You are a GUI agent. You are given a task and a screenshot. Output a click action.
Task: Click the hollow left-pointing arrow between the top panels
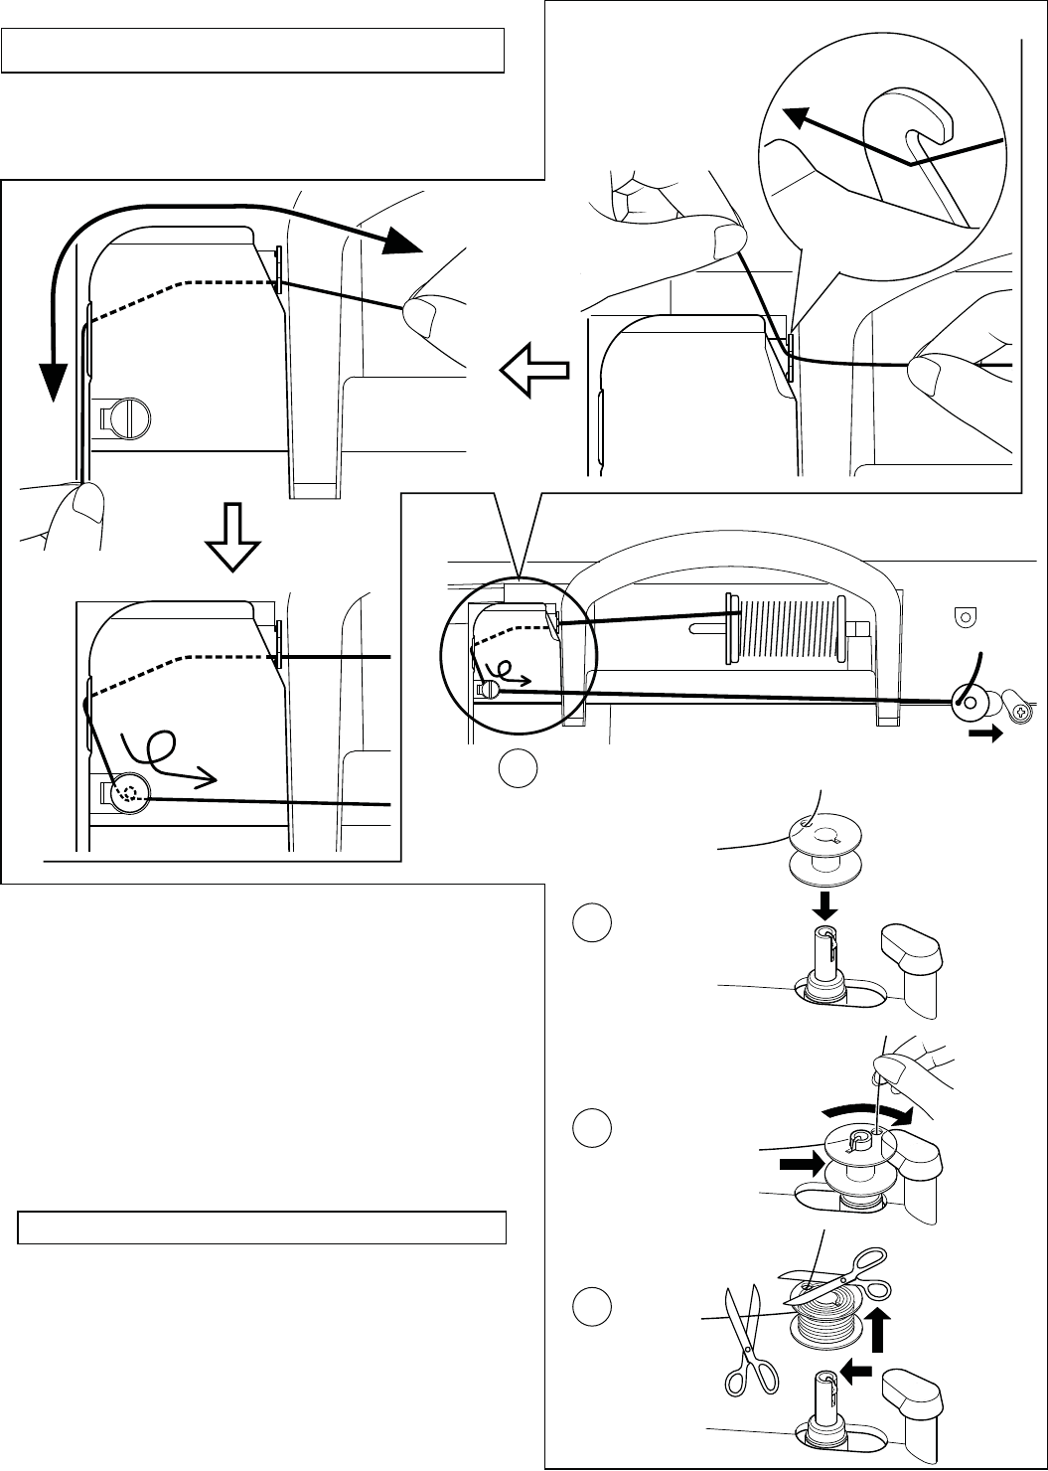[x=534, y=373]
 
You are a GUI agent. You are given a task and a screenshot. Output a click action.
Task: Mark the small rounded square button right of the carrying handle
[x=961, y=616]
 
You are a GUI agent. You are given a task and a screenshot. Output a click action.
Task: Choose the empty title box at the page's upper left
[x=253, y=51]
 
